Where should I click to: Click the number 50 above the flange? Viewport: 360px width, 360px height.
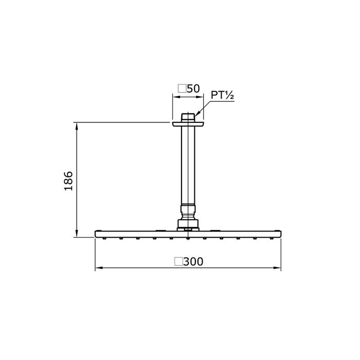tap(193, 88)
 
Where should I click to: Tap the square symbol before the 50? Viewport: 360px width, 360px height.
tap(182, 88)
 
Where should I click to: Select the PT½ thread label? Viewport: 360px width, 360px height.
tap(222, 95)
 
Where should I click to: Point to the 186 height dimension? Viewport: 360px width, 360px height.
tap(68, 181)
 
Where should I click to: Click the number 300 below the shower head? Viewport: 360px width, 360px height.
tap(193, 261)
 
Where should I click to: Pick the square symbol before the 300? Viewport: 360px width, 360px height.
tap(178, 261)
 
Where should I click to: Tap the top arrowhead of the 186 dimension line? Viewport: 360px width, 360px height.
tap(77, 126)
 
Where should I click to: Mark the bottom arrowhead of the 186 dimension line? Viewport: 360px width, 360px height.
tap(77, 233)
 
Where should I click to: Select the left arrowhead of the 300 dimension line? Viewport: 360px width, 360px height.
tap(99, 268)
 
